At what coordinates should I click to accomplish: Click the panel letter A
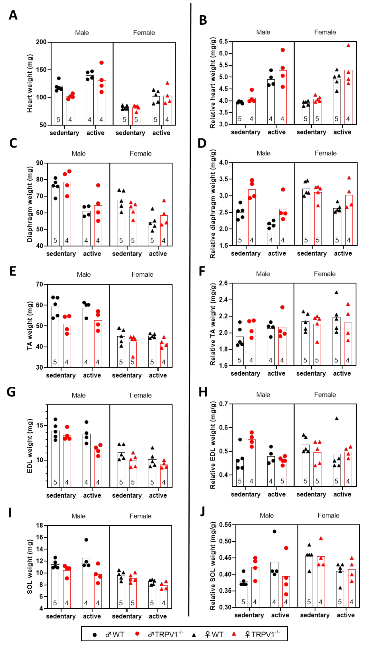pos(13,15)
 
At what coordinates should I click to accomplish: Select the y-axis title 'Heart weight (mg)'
pos(30,83)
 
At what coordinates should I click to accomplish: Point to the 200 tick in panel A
pos(41,42)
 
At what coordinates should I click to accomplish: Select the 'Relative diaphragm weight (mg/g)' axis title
pos(213,204)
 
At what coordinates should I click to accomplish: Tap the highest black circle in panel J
pos(274,532)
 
